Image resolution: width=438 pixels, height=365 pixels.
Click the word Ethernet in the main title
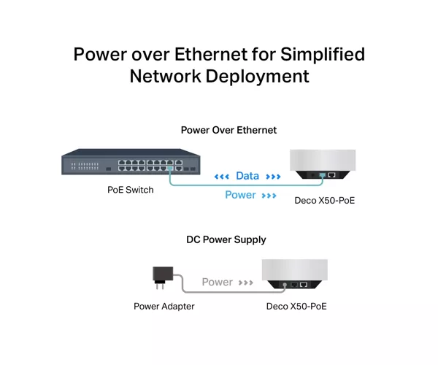tap(211, 54)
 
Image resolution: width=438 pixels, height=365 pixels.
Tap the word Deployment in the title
tap(257, 76)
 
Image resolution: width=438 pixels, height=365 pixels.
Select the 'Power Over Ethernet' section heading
tap(228, 130)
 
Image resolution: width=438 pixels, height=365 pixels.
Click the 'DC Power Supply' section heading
tap(226, 239)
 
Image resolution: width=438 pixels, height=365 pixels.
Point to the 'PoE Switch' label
tap(131, 190)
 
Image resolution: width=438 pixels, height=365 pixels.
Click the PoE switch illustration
tap(131, 162)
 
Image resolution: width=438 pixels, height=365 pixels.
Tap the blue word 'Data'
tap(247, 176)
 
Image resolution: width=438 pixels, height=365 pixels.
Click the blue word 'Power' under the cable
tap(240, 195)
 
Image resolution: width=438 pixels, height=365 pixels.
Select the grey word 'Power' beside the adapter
tap(217, 282)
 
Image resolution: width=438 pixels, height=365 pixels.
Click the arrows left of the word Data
tap(221, 177)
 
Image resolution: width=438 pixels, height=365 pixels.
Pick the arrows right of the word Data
tap(273, 177)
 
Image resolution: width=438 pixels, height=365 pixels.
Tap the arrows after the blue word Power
tap(269, 196)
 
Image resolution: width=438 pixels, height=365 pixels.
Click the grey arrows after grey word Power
tap(246, 283)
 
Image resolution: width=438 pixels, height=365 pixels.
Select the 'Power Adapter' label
tap(164, 307)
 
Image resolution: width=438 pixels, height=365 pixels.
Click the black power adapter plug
tap(163, 277)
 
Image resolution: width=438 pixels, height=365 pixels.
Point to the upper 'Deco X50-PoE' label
tap(325, 201)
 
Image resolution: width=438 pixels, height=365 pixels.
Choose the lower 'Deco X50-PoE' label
tap(296, 307)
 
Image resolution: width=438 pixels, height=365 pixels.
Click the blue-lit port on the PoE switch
tap(170, 168)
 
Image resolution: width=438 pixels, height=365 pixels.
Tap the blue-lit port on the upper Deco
tap(323, 175)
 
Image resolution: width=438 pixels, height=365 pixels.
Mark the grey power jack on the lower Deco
tap(285, 285)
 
